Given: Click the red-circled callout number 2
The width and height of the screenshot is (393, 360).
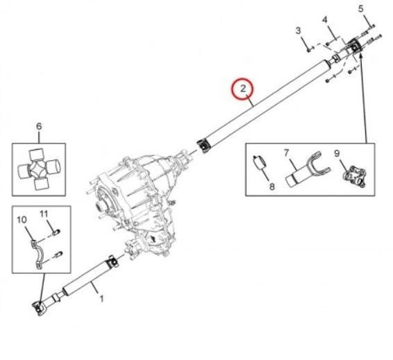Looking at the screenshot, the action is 242,88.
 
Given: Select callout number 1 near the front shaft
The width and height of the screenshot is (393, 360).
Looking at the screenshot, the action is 102,298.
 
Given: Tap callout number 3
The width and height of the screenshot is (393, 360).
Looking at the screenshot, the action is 298,31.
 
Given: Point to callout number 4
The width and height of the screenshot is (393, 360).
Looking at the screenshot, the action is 324,20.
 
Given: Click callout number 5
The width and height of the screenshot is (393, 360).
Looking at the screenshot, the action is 360,9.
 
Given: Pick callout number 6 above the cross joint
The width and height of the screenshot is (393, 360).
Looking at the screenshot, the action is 39,126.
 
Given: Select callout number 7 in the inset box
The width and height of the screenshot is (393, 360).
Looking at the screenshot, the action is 287,152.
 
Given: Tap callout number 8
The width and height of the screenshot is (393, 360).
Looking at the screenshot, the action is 272,187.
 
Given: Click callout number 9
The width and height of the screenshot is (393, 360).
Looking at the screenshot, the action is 337,153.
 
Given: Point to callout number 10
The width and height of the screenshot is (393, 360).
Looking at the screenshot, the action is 22,220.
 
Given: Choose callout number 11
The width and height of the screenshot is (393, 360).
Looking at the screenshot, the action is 44,214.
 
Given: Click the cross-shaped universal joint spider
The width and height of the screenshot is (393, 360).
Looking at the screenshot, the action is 39,169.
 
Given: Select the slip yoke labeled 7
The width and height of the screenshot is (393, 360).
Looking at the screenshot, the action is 308,169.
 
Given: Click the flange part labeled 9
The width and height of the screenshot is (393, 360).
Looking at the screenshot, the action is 354,175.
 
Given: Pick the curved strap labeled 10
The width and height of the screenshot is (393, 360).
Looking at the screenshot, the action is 37,253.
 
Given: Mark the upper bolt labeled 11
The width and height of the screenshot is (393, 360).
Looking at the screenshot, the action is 56,232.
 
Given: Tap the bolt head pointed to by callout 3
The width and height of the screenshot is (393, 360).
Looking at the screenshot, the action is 309,50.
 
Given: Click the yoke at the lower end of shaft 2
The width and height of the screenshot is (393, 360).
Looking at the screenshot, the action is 203,146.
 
